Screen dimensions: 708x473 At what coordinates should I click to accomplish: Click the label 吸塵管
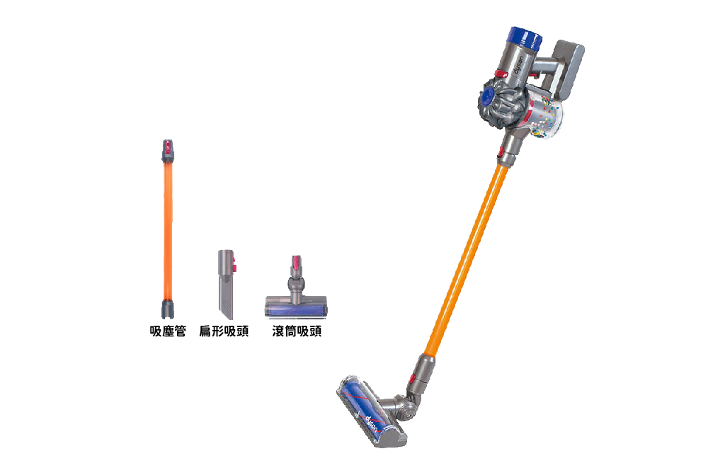pos(168,331)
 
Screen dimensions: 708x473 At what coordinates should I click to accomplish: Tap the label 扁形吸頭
pos(224,331)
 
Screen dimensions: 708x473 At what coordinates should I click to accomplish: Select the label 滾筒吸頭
pos(297,331)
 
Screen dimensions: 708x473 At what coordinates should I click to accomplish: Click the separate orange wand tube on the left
pos(168,229)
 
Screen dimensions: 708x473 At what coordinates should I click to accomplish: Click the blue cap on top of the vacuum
pos(525,38)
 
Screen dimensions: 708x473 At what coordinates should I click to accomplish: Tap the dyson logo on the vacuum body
pos(519,66)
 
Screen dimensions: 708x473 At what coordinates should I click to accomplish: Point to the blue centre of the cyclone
pos(487,96)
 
